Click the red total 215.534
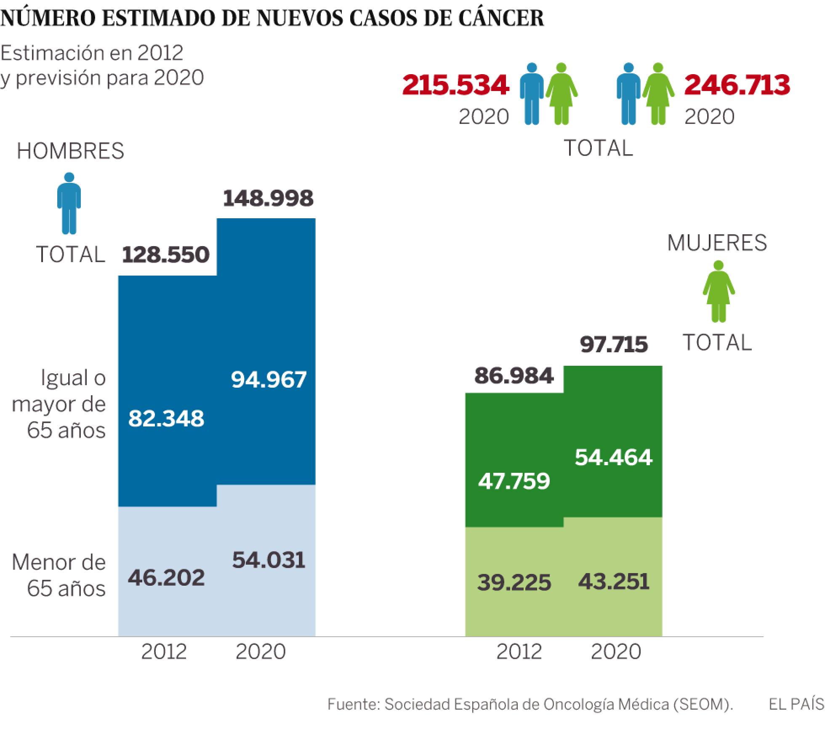coord(455,85)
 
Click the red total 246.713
coord(737,85)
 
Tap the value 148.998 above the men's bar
coord(268,198)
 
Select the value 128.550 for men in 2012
coord(166,255)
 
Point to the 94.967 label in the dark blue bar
coord(269,380)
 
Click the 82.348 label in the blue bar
coord(166,419)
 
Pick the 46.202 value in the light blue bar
coord(166,578)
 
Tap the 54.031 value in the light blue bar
coord(269,560)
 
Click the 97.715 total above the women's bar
coord(614,345)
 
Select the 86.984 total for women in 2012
coord(514,376)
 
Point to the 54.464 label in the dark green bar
coord(614,457)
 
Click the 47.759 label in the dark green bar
coord(514,481)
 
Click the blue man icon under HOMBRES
coord(69,203)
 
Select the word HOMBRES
coord(70,151)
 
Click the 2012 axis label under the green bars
coord(519,652)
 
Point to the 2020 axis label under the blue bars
coord(261,652)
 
